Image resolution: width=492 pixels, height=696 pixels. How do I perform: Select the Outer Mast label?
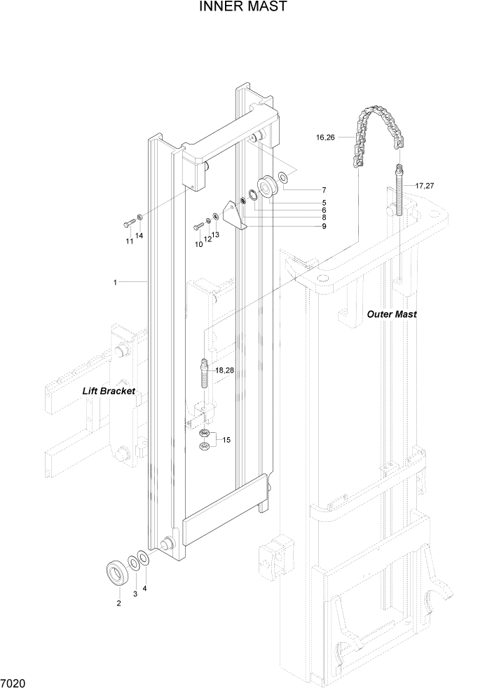point(392,314)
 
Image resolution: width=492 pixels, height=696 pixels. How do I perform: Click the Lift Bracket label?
point(109,391)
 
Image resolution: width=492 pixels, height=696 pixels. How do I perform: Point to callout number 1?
point(114,282)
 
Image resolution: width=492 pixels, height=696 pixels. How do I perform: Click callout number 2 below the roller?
point(118,603)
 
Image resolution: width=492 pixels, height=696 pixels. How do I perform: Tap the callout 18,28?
point(225,370)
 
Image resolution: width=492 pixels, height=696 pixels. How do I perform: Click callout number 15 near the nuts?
point(226,440)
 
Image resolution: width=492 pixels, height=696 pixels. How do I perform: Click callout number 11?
point(129,241)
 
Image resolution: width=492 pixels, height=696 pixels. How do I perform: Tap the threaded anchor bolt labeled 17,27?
point(399,190)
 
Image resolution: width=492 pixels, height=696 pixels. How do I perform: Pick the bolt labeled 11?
point(128,225)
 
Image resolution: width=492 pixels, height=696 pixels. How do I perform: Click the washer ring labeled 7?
point(282,176)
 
